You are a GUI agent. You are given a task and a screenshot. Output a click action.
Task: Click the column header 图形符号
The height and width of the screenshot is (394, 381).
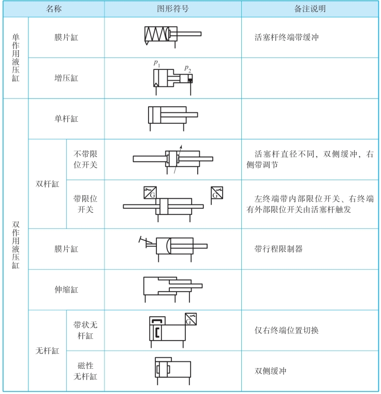[x=173, y=9]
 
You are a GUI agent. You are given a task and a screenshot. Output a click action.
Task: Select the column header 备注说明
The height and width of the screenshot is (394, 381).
[x=310, y=9]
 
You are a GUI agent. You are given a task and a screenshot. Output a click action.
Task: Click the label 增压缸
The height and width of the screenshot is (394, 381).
[x=66, y=78]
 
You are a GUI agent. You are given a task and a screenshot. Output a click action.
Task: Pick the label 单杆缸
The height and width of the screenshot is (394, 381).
[x=66, y=119]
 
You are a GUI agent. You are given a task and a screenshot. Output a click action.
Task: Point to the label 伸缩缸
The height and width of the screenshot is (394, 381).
[x=66, y=289]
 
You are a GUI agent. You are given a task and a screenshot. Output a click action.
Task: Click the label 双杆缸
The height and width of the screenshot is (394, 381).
[x=48, y=183]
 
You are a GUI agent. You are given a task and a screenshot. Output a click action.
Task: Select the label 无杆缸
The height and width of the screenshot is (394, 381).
[x=48, y=351]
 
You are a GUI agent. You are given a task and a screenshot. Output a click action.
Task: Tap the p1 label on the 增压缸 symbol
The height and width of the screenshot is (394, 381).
[x=156, y=63]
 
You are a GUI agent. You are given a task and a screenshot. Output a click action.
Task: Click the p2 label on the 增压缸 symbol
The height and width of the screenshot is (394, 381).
[x=188, y=68]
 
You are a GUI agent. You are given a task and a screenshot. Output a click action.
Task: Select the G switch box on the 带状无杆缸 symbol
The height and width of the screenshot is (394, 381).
[x=190, y=319]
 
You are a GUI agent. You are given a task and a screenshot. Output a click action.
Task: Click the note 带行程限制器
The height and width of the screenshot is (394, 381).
[x=279, y=249]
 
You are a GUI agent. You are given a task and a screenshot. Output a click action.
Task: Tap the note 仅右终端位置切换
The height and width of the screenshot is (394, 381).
[x=286, y=330]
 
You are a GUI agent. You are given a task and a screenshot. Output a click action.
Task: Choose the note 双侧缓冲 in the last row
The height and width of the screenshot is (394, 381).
[x=270, y=371]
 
